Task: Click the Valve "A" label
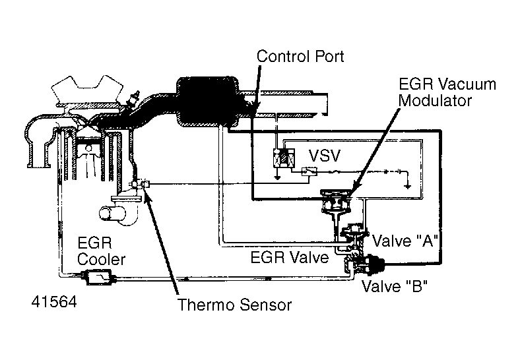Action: (406, 240)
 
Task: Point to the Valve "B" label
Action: (394, 287)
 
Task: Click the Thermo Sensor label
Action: (234, 305)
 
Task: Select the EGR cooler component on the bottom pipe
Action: (96, 278)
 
